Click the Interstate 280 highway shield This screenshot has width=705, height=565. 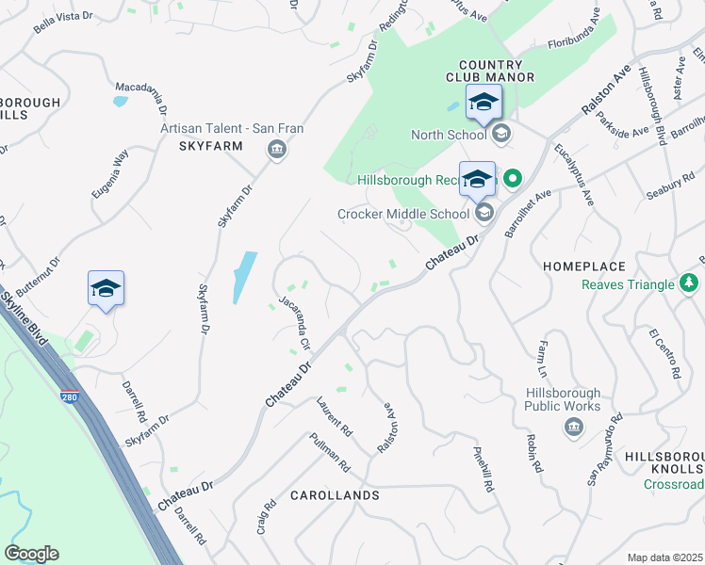70,397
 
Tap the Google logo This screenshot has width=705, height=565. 31,554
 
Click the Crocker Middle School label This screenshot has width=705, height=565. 404,214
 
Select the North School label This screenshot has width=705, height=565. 448,135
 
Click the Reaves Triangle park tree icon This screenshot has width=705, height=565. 690,283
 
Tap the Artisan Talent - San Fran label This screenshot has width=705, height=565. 211,129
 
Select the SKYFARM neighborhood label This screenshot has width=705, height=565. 211,147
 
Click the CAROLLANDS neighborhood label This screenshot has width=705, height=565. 335,495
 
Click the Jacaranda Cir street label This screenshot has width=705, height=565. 294,323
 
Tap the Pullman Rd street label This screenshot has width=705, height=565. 329,453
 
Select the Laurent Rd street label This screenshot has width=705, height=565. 335,416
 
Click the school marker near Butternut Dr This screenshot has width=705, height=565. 106,290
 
